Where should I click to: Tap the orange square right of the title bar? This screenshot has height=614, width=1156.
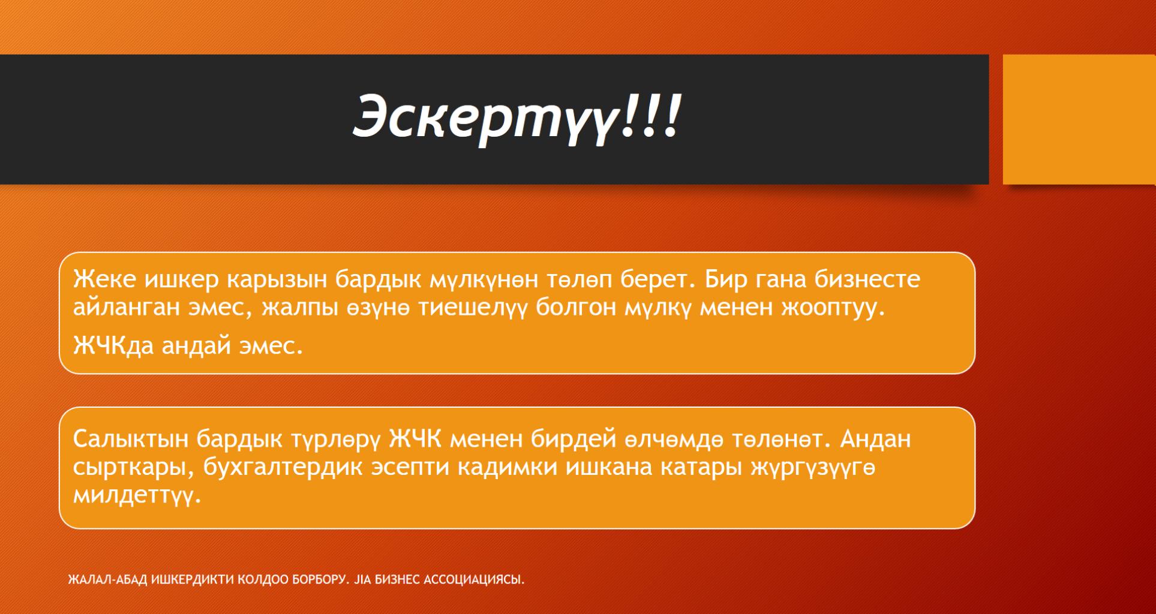pyautogui.click(x=1079, y=119)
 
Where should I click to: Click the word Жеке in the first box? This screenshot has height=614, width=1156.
pyautogui.click(x=105, y=279)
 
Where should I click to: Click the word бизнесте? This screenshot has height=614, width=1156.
pyautogui.click(x=867, y=279)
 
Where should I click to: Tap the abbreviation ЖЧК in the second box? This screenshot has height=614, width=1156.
pyautogui.click(x=416, y=440)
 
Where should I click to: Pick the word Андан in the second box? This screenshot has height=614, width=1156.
pyautogui.click(x=875, y=440)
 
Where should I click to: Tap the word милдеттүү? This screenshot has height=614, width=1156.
pyautogui.click(x=137, y=496)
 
